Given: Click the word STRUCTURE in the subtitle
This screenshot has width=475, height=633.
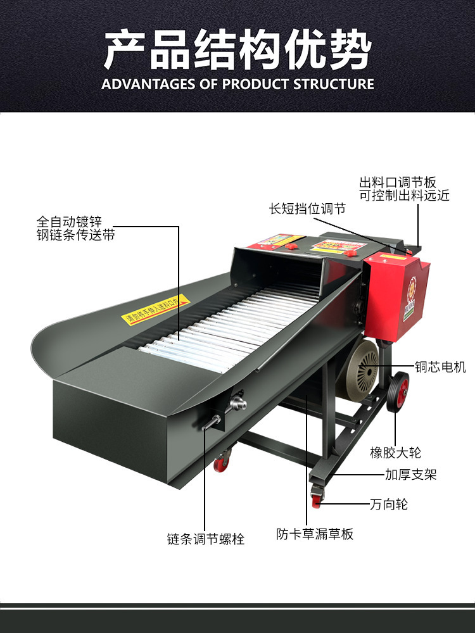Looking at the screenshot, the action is click(x=334, y=84).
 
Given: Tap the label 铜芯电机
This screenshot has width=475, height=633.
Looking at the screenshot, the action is click(x=440, y=367).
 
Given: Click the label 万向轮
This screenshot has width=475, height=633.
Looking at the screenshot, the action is click(x=388, y=505).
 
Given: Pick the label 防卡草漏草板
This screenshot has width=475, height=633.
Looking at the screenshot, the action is click(x=315, y=534).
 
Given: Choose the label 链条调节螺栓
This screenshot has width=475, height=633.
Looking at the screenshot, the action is click(x=205, y=539).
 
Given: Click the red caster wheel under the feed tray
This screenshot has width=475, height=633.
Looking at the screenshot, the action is click(x=221, y=463).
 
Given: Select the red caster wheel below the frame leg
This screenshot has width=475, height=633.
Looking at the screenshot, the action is click(x=316, y=499).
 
